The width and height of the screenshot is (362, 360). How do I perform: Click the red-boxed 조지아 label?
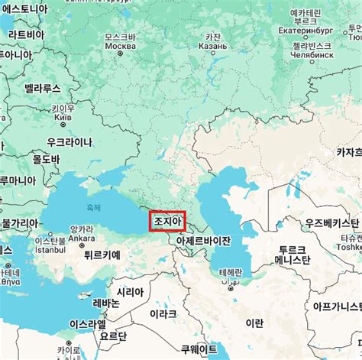[167, 221]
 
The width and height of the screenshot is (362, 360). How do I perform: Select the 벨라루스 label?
[42, 89]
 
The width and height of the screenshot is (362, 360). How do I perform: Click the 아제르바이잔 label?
[203, 241]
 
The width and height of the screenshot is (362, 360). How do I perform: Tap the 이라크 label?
[163, 314]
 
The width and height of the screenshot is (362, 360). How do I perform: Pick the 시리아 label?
[129, 292]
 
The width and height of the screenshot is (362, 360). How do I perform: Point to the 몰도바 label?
[45, 159]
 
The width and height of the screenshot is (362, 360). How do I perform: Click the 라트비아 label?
[26, 34]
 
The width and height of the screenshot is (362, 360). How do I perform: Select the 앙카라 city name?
[82, 229]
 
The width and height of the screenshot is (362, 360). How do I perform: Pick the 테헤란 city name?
[230, 273]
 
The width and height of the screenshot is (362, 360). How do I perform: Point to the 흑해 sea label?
[93, 207]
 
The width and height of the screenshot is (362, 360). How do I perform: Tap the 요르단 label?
[113, 336]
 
